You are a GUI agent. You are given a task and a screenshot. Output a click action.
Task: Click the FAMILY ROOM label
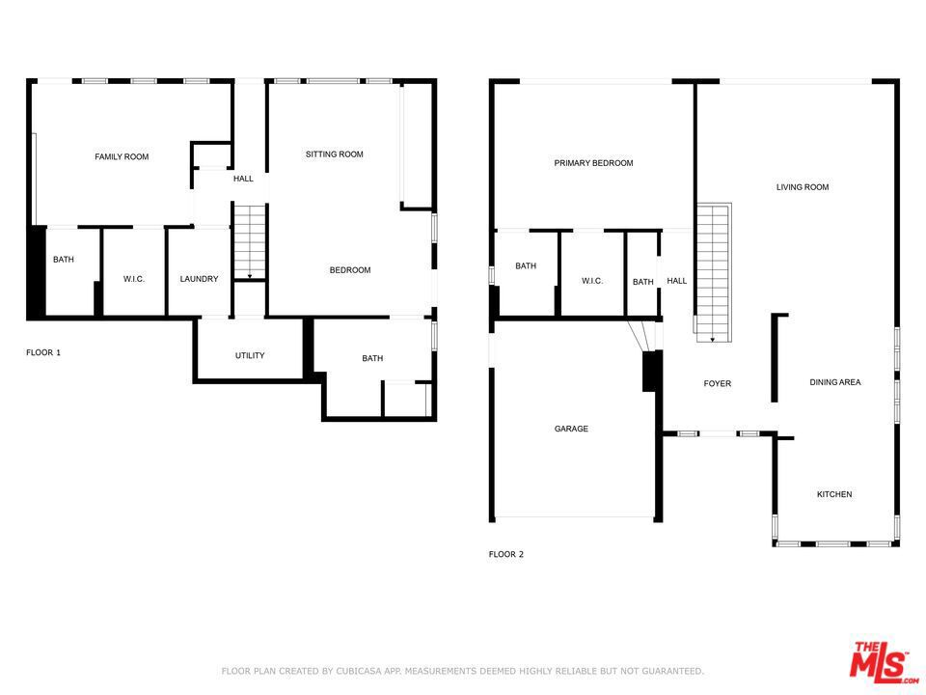(122, 156)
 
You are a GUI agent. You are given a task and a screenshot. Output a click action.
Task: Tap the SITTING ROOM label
(334, 154)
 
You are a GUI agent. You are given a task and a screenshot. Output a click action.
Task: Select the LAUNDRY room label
(199, 279)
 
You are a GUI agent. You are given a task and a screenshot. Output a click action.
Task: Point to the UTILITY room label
(250, 355)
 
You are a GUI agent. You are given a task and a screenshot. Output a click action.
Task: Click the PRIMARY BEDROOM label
(593, 163)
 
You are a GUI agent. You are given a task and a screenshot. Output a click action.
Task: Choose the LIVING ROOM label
(803, 187)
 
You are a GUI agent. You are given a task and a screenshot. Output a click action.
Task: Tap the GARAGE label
(571, 429)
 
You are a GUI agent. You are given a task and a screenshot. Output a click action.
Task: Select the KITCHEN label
(834, 494)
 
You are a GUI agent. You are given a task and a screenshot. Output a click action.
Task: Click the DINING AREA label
(834, 382)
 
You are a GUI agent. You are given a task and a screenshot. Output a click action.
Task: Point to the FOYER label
(717, 383)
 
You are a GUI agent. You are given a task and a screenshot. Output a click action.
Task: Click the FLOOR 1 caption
(42, 352)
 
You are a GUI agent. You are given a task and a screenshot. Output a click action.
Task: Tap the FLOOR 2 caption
(505, 554)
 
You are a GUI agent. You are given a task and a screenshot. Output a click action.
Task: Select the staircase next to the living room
(713, 270)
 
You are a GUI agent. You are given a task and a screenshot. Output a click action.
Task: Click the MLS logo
(879, 661)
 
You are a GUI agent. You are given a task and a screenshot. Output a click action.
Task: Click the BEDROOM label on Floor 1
(349, 270)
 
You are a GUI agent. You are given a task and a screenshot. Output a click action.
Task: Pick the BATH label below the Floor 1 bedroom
(372, 358)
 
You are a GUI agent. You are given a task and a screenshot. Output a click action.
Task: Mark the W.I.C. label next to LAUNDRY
(134, 279)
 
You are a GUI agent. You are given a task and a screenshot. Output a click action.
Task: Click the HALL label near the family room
(243, 179)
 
